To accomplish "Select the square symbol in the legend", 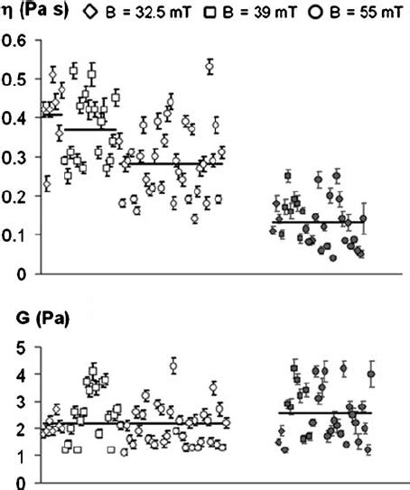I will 210,12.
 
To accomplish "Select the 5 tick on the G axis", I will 24,346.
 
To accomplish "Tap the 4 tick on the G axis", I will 24,374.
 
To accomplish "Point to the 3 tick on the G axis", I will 24,402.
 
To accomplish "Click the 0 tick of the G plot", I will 24,485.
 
